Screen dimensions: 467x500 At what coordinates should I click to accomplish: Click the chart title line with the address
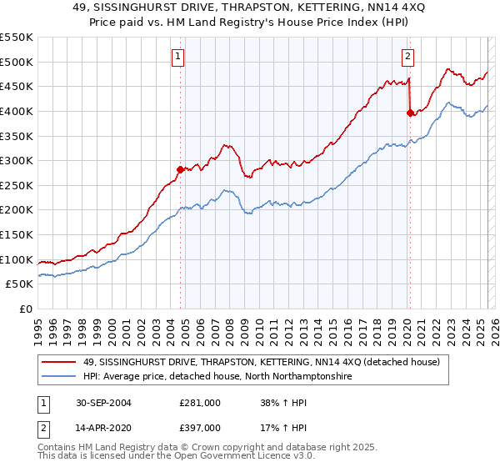(x=249, y=8)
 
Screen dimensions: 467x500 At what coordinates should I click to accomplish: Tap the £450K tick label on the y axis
(x=17, y=86)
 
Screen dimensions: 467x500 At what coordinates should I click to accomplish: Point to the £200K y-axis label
(x=17, y=210)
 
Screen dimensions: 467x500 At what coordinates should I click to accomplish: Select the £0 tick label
(x=26, y=309)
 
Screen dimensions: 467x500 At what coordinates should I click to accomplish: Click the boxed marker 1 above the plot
(x=179, y=57)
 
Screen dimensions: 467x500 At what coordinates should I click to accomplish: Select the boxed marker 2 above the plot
(x=407, y=57)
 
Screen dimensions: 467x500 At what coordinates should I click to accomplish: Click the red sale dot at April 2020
(x=409, y=113)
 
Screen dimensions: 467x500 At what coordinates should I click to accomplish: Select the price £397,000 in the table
(x=200, y=428)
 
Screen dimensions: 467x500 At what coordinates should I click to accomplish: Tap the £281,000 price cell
(x=200, y=402)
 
